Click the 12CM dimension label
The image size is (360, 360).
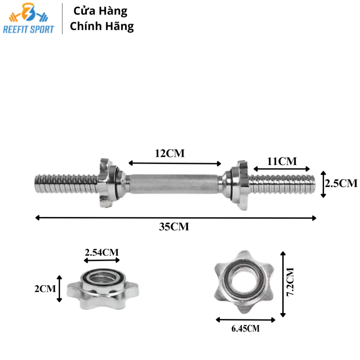(x=170, y=153)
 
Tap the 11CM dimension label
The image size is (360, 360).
(x=282, y=161)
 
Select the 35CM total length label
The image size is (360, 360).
(x=174, y=227)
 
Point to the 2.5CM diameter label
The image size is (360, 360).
(x=341, y=183)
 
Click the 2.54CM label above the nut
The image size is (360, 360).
(x=102, y=252)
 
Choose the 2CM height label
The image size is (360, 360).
(x=45, y=289)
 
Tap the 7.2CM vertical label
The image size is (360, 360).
(x=290, y=282)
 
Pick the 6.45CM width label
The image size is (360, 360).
(x=245, y=329)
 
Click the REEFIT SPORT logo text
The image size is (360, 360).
(x=28, y=30)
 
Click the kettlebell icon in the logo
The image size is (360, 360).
(x=28, y=12)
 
